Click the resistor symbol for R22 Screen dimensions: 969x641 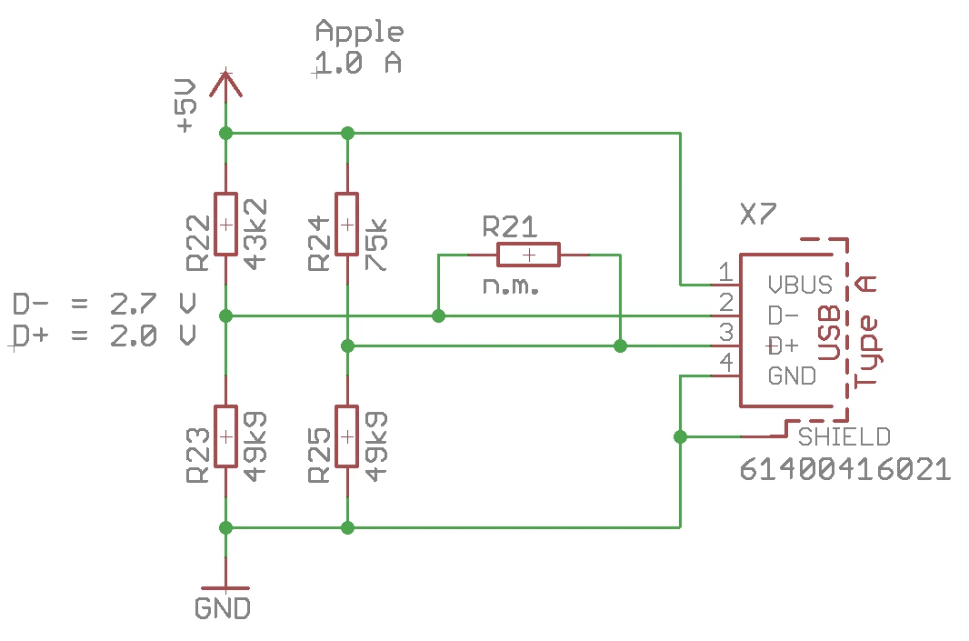click(x=225, y=224)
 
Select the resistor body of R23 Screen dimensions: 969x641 click(x=225, y=436)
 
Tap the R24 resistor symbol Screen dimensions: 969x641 click(x=346, y=224)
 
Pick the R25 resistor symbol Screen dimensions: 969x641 click(x=346, y=436)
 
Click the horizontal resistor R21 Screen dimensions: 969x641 click(x=528, y=255)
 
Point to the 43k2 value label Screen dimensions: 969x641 click(x=255, y=235)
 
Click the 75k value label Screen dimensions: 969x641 click(x=375, y=245)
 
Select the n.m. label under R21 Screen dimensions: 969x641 click(x=511, y=285)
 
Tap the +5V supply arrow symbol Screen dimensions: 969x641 click(x=225, y=85)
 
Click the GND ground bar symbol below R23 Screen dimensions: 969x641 click(x=225, y=588)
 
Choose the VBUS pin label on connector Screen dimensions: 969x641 click(x=800, y=285)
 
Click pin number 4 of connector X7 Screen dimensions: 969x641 click(x=727, y=362)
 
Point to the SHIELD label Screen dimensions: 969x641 click(x=844, y=437)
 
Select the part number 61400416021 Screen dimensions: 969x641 click(x=844, y=469)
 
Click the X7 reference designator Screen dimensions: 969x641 click(x=757, y=215)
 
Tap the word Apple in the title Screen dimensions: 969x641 click(x=360, y=32)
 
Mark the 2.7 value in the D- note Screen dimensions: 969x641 click(x=134, y=304)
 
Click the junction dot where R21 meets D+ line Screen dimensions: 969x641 click(x=620, y=346)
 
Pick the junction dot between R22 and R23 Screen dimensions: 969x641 click(x=225, y=315)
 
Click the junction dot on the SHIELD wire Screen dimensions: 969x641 click(x=680, y=437)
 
